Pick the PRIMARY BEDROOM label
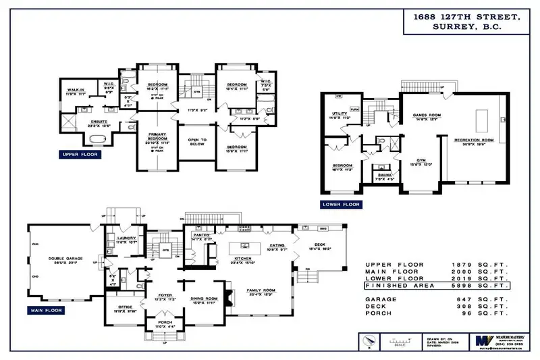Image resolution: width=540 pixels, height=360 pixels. [x=156, y=137]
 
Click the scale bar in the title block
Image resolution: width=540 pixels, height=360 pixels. [x=401, y=340]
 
